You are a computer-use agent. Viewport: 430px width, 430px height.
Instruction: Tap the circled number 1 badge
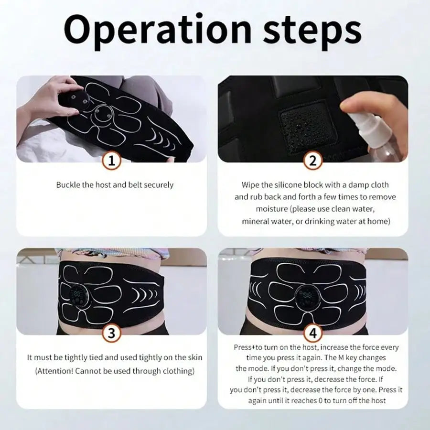[111, 161]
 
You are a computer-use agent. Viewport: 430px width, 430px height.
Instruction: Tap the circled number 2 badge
[313, 161]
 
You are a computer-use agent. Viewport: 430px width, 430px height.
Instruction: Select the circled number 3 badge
[111, 333]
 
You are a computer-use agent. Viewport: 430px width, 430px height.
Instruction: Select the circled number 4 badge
[313, 333]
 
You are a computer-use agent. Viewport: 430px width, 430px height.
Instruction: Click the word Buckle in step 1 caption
[68, 184]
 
